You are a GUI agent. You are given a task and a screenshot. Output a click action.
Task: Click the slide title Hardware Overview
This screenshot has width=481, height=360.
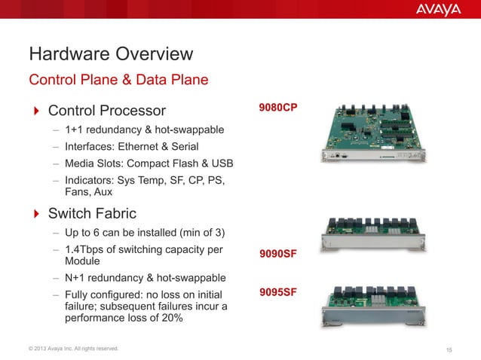tap(111, 54)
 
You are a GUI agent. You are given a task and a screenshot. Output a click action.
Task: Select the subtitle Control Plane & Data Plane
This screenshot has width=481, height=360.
tap(118, 78)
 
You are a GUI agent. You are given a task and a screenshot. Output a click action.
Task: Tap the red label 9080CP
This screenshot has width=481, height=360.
tap(277, 108)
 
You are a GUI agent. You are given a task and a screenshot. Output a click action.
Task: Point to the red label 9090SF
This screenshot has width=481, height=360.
tap(277, 255)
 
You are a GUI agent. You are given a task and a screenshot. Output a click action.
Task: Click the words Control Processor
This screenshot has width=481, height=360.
tap(106, 111)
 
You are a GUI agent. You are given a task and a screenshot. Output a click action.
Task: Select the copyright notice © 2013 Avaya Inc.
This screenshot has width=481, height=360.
tap(74, 348)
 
